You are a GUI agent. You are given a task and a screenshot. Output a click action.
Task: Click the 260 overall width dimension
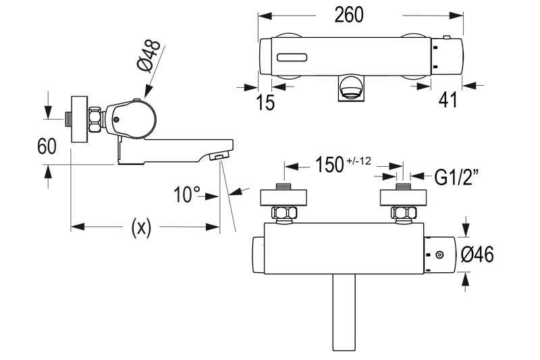click(x=348, y=15)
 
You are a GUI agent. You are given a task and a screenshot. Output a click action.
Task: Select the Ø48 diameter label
click(x=149, y=56)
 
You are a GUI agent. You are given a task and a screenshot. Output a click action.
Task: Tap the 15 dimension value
click(x=265, y=102)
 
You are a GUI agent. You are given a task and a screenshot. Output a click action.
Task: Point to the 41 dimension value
click(x=448, y=100)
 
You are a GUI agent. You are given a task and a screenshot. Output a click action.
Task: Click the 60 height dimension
click(x=47, y=146)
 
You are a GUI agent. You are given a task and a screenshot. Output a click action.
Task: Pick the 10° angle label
click(x=188, y=195)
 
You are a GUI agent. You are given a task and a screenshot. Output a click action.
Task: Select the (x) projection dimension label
click(x=141, y=228)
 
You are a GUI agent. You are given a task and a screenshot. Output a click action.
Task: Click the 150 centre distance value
click(x=329, y=164)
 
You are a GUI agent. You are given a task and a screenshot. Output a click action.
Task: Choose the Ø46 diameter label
click(x=477, y=255)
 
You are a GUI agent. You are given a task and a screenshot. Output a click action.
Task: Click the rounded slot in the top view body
click(x=292, y=57)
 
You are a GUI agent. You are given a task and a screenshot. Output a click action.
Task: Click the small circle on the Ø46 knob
click(x=439, y=255)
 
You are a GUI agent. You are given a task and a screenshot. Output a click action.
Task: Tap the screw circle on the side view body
click(x=116, y=120)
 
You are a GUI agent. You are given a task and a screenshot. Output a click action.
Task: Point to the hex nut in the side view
click(x=95, y=120)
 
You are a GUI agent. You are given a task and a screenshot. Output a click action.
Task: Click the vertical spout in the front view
click(x=344, y=312)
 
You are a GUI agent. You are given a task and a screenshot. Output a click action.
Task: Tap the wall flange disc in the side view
click(x=79, y=119)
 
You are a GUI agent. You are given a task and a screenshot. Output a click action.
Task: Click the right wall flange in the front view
click(x=403, y=197)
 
